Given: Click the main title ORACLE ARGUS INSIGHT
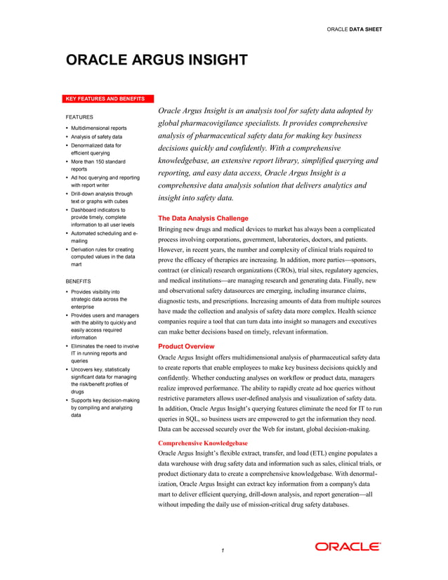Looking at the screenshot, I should [x=156, y=60].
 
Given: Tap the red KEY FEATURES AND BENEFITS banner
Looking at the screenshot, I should [x=105, y=98].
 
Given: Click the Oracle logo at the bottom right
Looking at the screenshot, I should [x=348, y=546].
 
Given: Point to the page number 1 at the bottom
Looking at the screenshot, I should [x=222, y=551].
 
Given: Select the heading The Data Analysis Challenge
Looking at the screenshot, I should [x=203, y=218].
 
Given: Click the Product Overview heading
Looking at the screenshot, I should [x=186, y=346].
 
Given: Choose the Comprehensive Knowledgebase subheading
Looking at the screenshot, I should [x=202, y=443].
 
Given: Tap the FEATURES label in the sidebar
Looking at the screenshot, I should [x=79, y=116].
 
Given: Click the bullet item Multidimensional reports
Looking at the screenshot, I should [x=98, y=128].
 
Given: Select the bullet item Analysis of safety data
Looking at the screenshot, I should [x=96, y=137].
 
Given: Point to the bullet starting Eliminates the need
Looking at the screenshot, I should [x=104, y=350].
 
